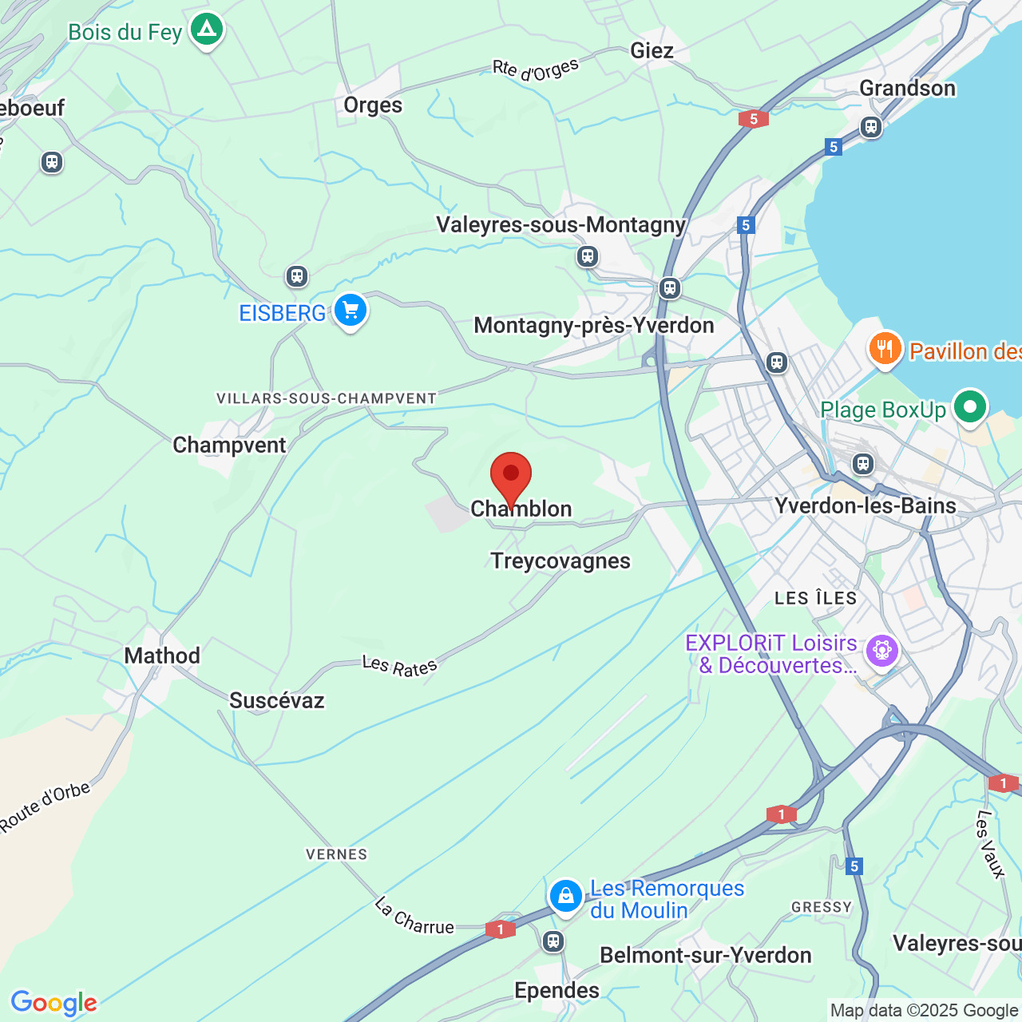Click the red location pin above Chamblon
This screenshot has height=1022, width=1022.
coord(511,477)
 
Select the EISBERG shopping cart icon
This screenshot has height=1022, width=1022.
coord(350,311)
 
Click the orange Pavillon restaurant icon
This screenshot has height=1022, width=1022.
coord(885,349)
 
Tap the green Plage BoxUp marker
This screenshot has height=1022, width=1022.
coord(970,408)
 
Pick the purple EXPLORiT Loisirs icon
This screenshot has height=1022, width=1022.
coord(882,651)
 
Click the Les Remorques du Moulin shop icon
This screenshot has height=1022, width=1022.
coord(565,896)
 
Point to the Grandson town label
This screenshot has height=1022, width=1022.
coord(907,88)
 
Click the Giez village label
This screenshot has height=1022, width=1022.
coord(652,51)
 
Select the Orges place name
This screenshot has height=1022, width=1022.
coord(373,105)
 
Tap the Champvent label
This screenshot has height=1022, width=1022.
coord(229,446)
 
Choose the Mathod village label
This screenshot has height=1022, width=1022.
coord(162,656)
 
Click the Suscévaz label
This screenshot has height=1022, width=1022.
coord(277,701)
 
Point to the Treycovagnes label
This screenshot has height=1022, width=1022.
coord(561,561)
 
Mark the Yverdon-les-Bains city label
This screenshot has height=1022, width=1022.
coord(866,506)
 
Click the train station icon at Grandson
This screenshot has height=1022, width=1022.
coord(871,126)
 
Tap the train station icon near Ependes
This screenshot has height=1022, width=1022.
coord(553,941)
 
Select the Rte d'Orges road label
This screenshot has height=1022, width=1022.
coord(535,70)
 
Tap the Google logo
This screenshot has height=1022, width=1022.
coord(53,1003)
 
